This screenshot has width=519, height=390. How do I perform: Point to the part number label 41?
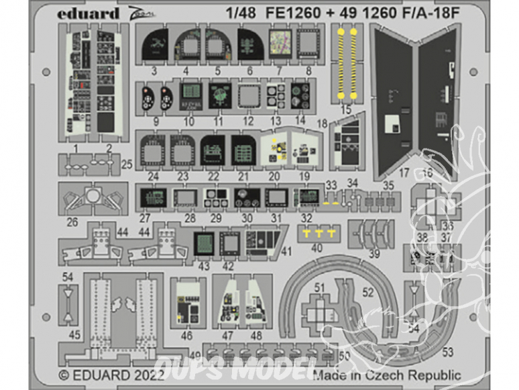(287, 252)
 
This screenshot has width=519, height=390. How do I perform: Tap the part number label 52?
(367, 292)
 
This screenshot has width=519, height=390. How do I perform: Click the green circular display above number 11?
(219, 95)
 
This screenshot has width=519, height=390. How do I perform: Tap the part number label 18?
(322, 123)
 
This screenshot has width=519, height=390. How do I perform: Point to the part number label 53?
(448, 350)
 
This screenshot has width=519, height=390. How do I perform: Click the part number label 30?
(247, 217)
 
